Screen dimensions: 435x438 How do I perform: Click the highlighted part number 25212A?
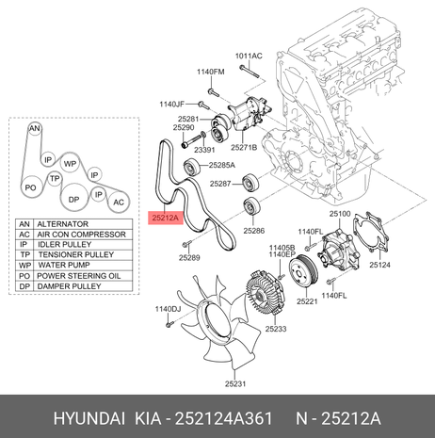click(x=165, y=218)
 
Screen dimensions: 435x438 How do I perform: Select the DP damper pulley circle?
click(x=73, y=199)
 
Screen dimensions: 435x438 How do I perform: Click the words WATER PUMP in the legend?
click(x=64, y=265)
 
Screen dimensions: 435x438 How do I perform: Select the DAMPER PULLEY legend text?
click(x=69, y=286)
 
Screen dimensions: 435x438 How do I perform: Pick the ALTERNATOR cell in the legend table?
click(x=83, y=224)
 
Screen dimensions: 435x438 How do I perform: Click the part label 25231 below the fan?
click(x=235, y=383)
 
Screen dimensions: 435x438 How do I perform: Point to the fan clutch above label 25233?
click(x=265, y=293)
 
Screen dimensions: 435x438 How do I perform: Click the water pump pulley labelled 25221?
click(x=303, y=271)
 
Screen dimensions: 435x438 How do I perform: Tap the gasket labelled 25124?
click(x=371, y=232)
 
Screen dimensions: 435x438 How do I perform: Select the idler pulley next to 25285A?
click(x=191, y=167)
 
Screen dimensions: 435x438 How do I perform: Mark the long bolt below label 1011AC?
click(x=250, y=72)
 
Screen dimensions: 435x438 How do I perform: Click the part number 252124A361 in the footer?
click(x=223, y=418)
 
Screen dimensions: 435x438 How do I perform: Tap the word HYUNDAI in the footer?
click(x=89, y=418)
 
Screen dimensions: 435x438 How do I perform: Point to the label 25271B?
click(x=244, y=147)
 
